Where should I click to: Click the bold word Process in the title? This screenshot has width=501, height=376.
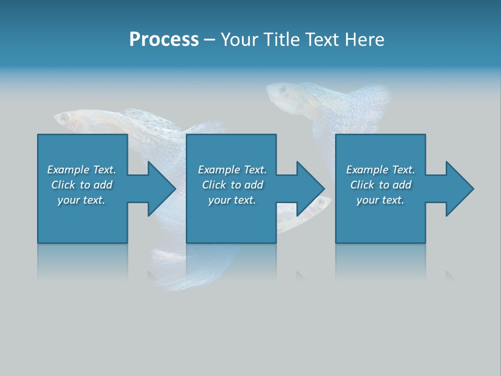[x=164, y=40]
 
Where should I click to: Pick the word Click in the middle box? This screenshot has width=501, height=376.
[x=214, y=185]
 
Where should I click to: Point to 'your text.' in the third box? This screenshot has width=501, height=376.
[x=380, y=200]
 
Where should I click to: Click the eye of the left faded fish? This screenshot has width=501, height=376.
[x=64, y=119]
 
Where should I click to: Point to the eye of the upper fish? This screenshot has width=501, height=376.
[x=283, y=90]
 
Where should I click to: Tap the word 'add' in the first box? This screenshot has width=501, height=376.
[x=103, y=185]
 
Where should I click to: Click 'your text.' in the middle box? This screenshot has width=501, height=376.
[x=232, y=200]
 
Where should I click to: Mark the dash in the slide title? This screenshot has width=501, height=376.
[x=210, y=40]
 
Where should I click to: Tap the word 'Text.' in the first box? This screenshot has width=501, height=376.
[x=104, y=170]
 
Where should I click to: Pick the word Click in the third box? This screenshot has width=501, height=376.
[x=363, y=185]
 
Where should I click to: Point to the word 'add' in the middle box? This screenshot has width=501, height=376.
[x=254, y=185]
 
